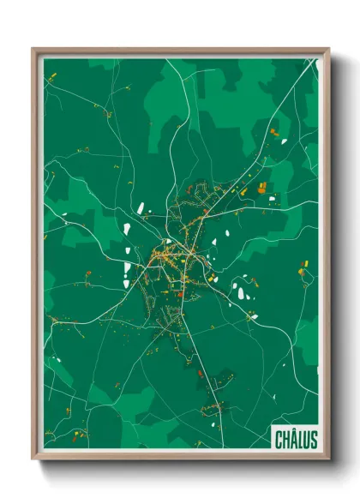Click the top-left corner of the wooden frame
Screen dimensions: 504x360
(x=33, y=49)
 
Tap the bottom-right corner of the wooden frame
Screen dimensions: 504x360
(x=328, y=459)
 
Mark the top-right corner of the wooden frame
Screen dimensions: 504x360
(x=328, y=49)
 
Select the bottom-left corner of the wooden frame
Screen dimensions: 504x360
(x=33, y=459)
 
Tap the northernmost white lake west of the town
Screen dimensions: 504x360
(x=140, y=207)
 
